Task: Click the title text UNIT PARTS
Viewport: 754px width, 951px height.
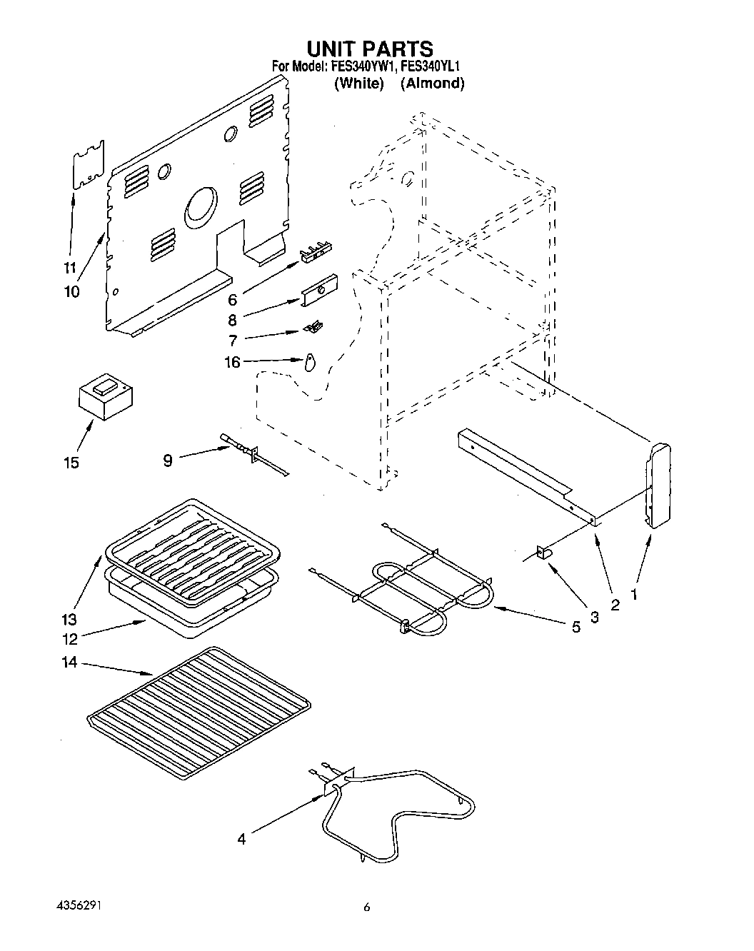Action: (x=370, y=49)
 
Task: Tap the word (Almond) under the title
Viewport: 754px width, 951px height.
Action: (x=432, y=84)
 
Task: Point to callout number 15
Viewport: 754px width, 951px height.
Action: (x=71, y=463)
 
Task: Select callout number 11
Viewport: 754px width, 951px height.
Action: (x=69, y=268)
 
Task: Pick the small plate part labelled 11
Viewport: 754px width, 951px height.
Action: (x=89, y=166)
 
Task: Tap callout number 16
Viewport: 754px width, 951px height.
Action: (x=233, y=362)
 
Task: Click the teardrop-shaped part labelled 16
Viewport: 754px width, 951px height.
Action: (x=308, y=363)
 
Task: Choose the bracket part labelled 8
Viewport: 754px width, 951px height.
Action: (x=319, y=291)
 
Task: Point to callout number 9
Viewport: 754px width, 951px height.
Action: (x=167, y=461)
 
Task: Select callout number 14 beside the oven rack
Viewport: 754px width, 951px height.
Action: (x=69, y=663)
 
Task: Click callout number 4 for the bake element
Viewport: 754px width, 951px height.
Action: (x=241, y=840)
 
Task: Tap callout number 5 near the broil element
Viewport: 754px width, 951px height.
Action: (x=575, y=628)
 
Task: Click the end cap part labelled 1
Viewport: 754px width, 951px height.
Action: (x=658, y=485)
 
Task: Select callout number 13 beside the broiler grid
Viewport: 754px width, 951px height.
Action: (x=69, y=619)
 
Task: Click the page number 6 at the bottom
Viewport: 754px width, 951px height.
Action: (x=367, y=908)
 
